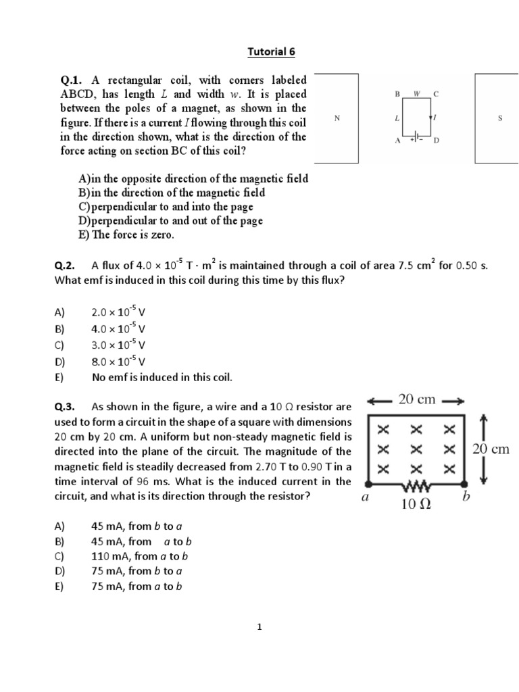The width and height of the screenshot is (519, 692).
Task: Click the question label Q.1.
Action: coord(72,80)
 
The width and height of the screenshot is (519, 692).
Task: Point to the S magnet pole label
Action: coord(499,118)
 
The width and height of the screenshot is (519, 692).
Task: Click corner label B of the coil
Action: coord(398,94)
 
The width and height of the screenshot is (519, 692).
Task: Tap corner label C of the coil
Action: coord(436,94)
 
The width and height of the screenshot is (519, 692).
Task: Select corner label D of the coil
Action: coord(436,141)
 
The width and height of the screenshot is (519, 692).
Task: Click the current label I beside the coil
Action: coord(435,118)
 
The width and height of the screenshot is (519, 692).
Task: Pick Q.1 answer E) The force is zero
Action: coord(126,235)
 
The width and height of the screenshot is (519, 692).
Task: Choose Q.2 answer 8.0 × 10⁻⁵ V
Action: coord(118,362)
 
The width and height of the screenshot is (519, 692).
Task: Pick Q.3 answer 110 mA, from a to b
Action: coord(139,556)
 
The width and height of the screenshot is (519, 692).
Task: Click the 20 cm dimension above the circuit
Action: coord(417,399)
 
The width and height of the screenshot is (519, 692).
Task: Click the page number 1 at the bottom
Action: coord(259,627)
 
